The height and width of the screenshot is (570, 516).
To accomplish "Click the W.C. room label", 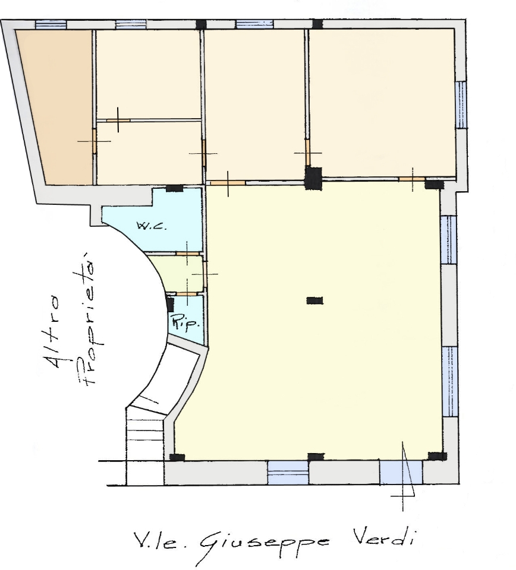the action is [152, 226].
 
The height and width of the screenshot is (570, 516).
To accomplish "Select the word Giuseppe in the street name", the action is [265, 544].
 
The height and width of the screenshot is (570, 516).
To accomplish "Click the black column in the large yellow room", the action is [314, 300].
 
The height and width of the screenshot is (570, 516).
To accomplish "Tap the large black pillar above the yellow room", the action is [313, 178].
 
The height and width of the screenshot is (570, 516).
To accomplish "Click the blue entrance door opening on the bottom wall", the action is [401, 472].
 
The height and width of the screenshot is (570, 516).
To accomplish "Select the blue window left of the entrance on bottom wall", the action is [288, 473].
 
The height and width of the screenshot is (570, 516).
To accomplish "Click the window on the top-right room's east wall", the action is [461, 104].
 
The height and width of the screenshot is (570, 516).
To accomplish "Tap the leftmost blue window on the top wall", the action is [51, 24].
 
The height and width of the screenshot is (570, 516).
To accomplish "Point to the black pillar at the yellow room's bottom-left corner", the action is [177, 457].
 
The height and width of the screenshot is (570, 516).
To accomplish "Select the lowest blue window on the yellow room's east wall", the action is [449, 381].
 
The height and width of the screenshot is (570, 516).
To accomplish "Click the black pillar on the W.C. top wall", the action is [174, 188].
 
